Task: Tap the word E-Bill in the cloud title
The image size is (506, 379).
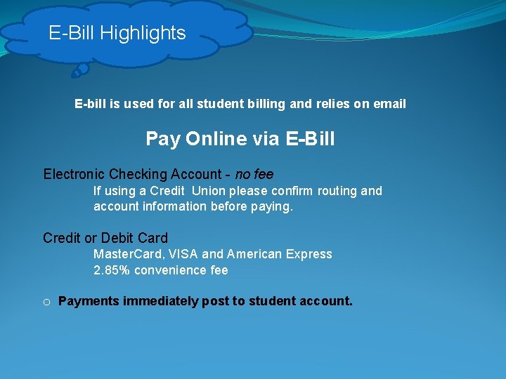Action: [x=72, y=33]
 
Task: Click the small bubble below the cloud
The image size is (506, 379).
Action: [x=81, y=69]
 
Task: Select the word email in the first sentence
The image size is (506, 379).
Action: [x=389, y=104]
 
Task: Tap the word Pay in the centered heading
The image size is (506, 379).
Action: [x=163, y=139]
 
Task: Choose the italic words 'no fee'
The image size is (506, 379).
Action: [x=254, y=174]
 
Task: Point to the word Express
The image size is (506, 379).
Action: [x=308, y=254]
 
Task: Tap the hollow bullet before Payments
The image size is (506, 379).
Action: [x=46, y=302]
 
